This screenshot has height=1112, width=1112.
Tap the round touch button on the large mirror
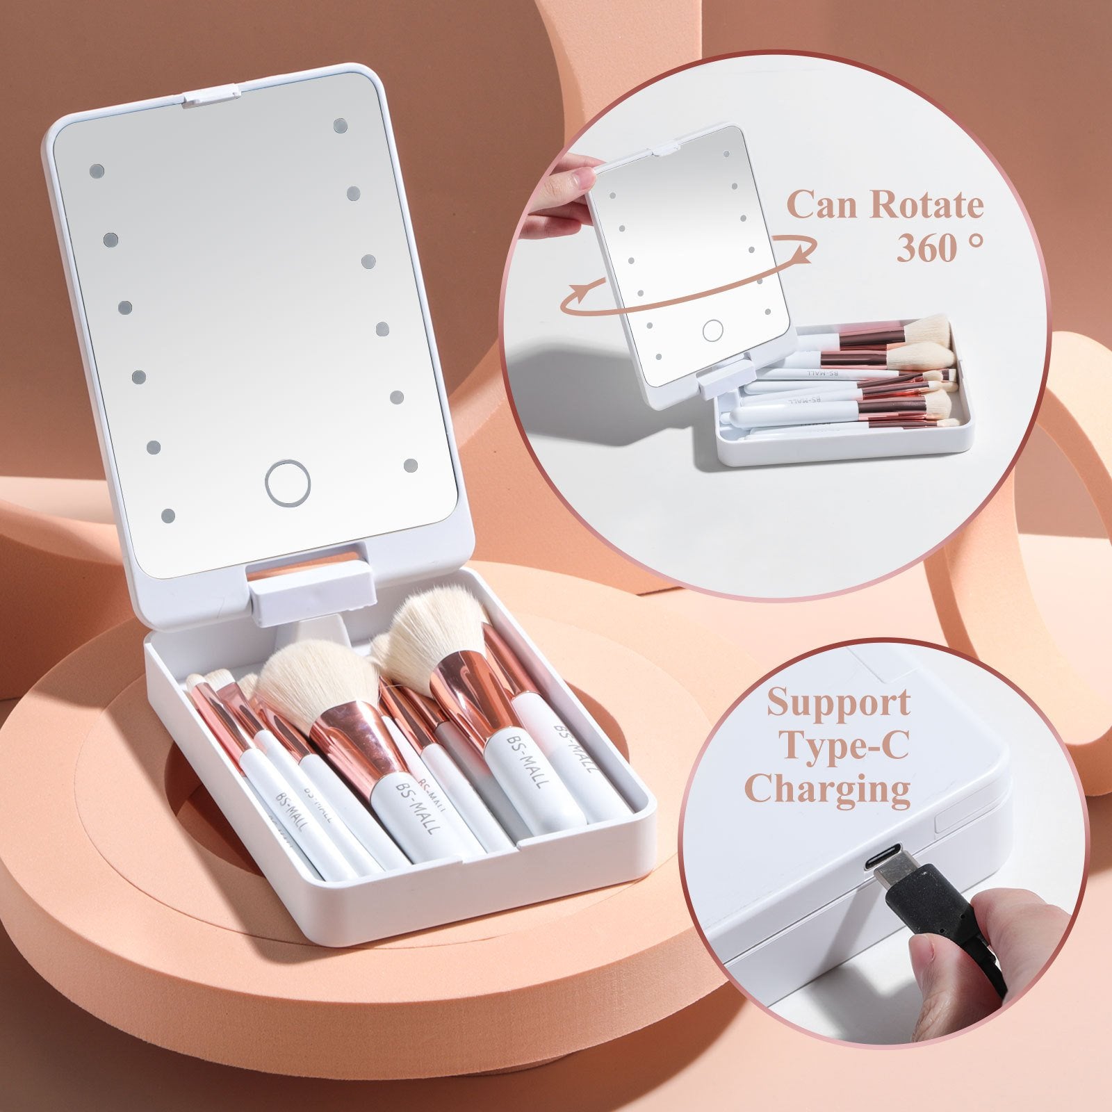[x=287, y=482]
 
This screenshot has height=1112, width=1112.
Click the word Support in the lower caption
[x=837, y=703]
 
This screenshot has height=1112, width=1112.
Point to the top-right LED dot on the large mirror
[x=340, y=125]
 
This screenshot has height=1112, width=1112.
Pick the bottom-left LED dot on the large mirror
[x=168, y=515]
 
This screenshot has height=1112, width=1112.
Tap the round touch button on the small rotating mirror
[x=712, y=330]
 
